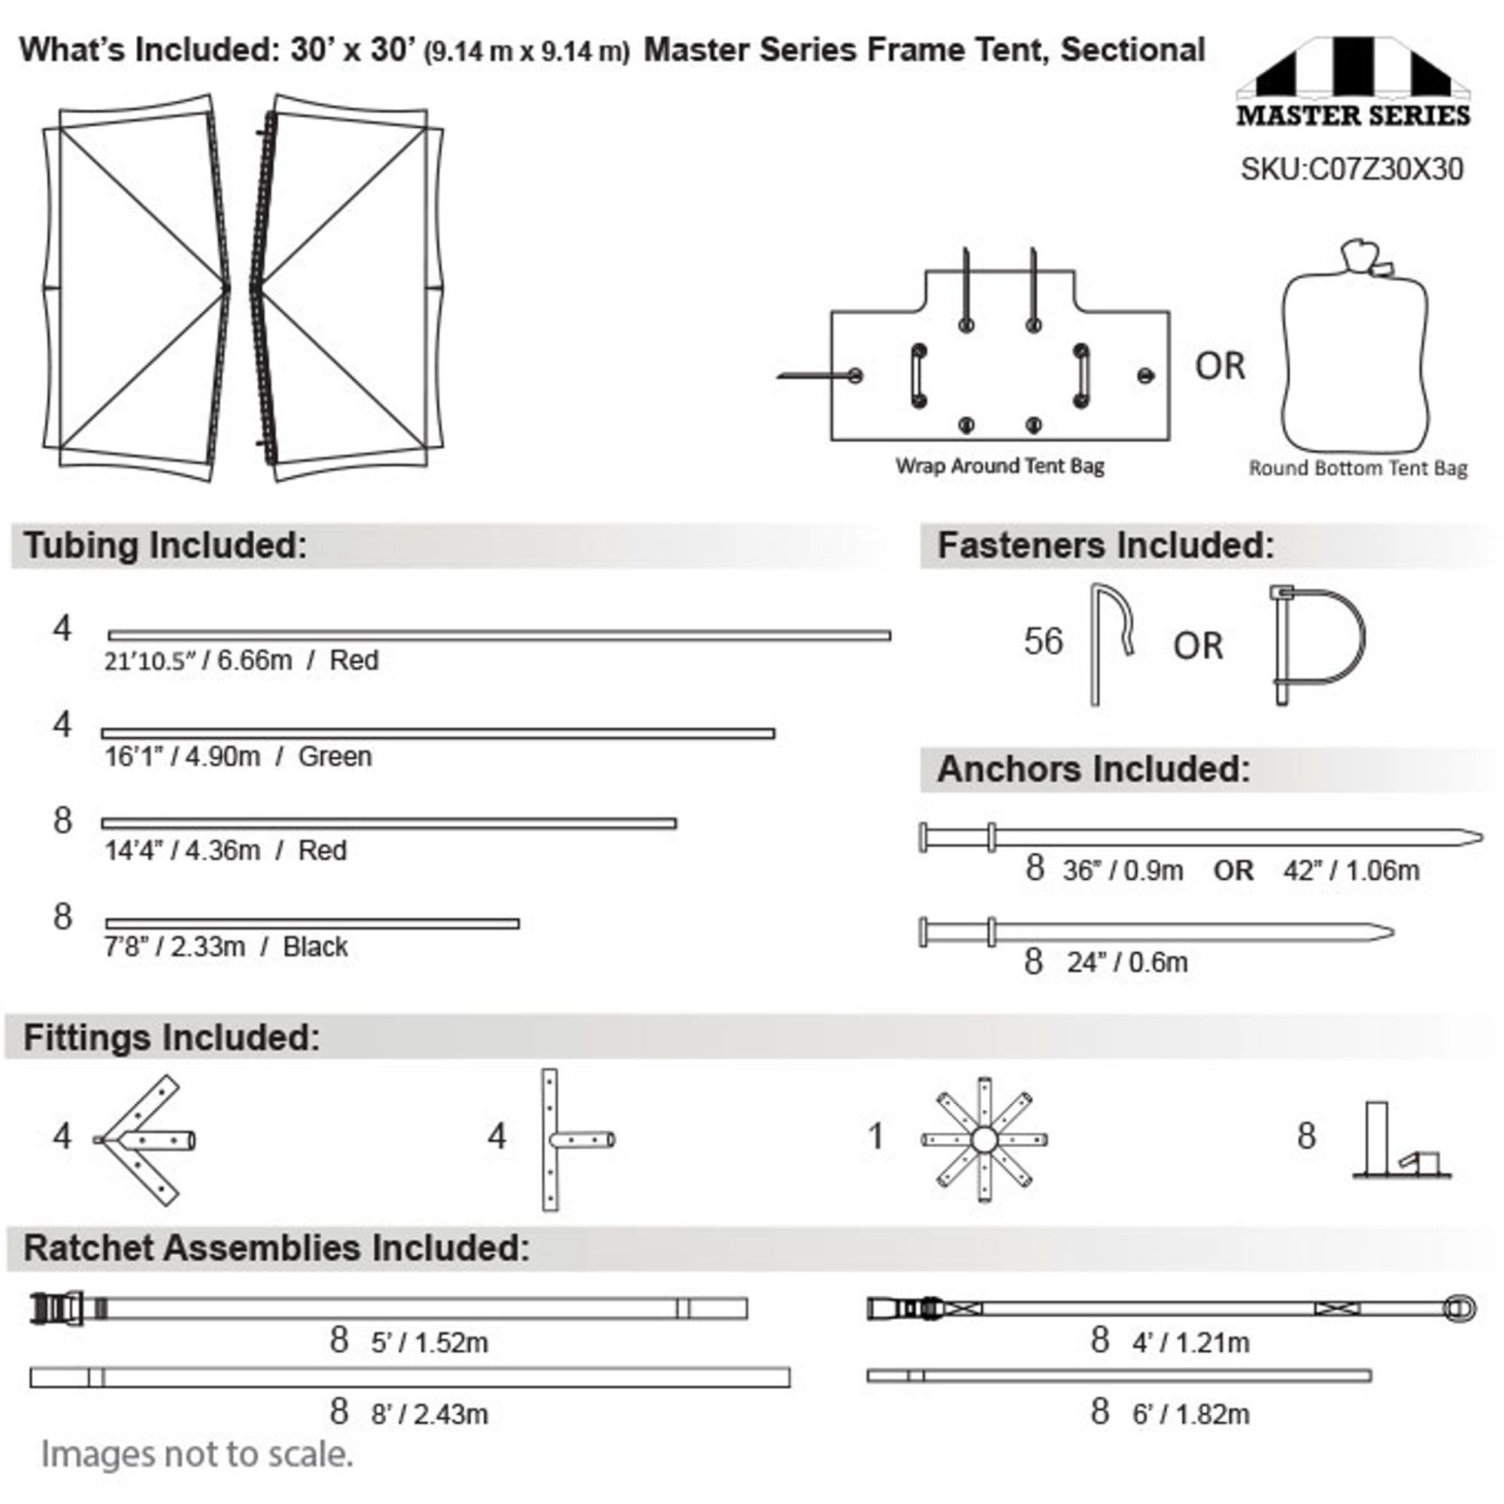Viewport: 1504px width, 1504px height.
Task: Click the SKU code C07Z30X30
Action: (1351, 169)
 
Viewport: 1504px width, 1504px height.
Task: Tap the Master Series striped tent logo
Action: (1353, 82)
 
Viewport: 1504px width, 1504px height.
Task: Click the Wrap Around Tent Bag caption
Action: (999, 466)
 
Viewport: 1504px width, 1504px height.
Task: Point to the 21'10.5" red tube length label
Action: (241, 660)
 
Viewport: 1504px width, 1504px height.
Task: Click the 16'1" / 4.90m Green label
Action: (238, 756)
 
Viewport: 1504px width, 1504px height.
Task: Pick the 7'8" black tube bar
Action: (312, 923)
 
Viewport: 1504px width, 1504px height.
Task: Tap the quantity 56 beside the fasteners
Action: (1043, 641)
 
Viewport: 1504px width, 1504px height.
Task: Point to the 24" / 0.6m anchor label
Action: (1127, 963)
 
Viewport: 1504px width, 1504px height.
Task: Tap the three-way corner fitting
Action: (145, 1141)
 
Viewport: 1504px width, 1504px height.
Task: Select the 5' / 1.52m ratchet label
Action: (429, 1343)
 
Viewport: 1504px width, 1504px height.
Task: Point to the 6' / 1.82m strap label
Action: (1191, 1414)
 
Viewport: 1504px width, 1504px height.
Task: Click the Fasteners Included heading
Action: (1105, 546)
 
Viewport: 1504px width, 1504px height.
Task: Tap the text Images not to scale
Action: (197, 1454)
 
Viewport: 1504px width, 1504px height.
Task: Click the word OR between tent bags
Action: (1220, 366)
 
